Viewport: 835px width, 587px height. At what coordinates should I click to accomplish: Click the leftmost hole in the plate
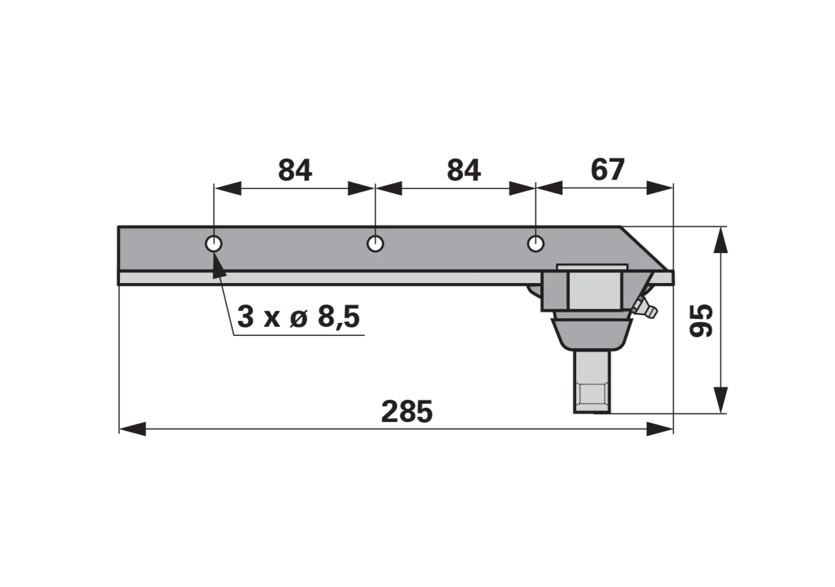[213, 244]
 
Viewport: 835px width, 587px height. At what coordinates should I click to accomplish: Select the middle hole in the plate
[375, 244]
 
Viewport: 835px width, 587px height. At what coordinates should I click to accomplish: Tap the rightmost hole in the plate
[536, 244]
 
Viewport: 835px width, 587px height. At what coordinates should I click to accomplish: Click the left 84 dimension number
[295, 171]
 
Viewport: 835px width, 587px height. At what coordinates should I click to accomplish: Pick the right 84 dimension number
[463, 171]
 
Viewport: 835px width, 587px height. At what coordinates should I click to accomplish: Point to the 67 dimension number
[607, 170]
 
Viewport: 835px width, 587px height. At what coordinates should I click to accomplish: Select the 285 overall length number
[406, 412]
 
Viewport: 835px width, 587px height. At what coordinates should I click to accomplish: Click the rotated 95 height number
[701, 321]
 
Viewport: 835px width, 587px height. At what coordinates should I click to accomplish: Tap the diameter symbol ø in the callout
[299, 317]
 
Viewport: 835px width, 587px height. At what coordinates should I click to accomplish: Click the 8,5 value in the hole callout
[339, 317]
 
